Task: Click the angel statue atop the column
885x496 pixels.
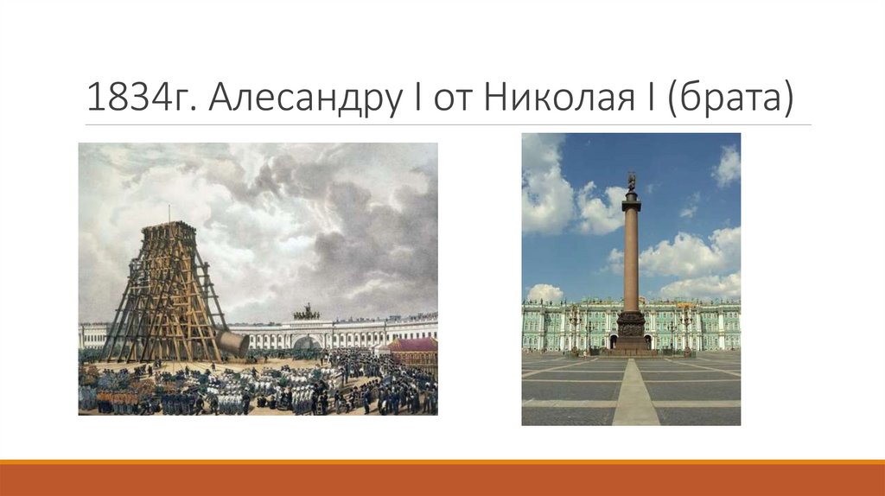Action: tap(632, 181)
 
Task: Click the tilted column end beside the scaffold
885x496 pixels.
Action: tap(232, 342)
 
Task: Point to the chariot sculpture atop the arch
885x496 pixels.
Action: tap(306, 313)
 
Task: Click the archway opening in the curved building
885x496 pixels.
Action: tap(306, 342)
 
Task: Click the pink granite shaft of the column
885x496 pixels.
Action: tap(632, 259)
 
